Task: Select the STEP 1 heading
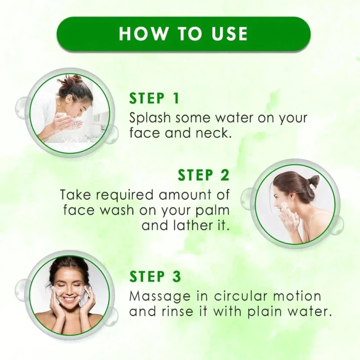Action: coord(154,99)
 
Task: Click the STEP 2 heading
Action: coord(204,175)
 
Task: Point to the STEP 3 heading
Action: coord(155,276)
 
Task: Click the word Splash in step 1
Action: coord(150,118)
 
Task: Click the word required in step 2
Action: coord(124,195)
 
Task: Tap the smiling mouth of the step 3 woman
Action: coord(68,300)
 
